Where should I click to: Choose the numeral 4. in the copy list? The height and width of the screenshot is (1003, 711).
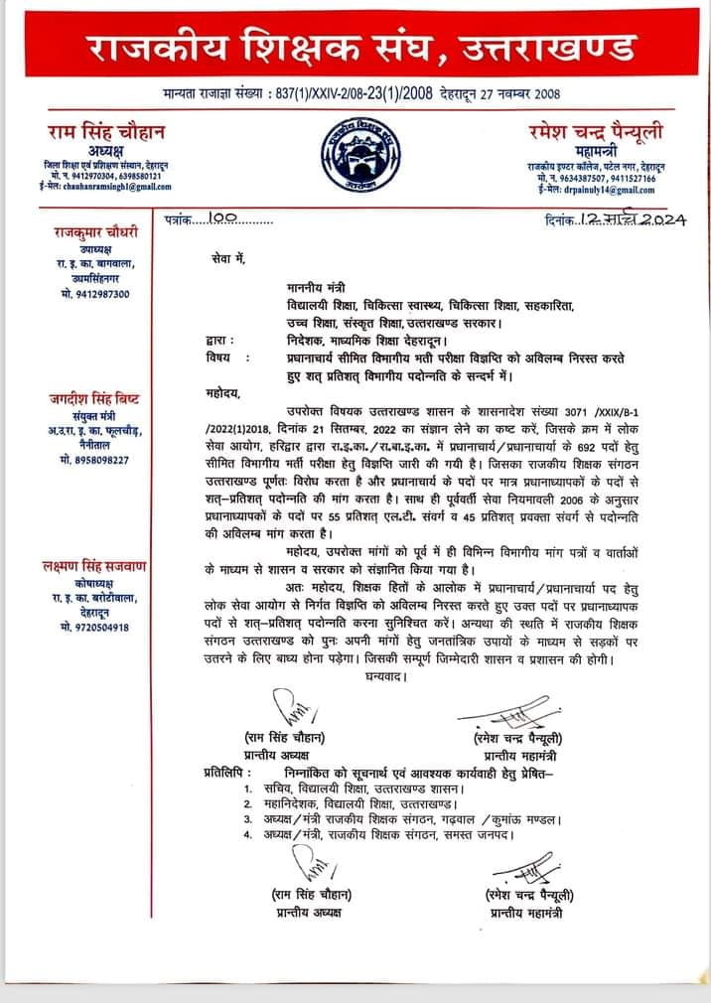pyautogui.click(x=248, y=835)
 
